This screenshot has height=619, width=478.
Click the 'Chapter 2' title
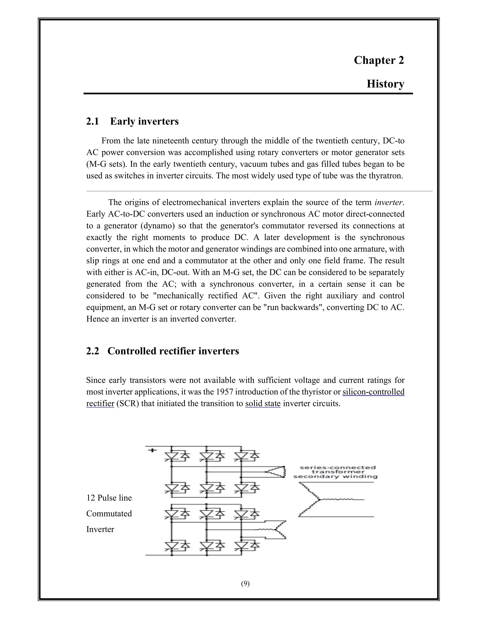coord(379,60)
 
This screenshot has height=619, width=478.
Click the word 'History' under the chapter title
coord(385,84)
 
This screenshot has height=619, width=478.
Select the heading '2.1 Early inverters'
coord(133,121)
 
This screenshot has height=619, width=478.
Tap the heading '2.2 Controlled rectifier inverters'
coord(162,351)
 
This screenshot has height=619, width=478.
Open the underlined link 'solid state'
coord(263,403)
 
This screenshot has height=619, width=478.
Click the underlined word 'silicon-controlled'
coord(373,392)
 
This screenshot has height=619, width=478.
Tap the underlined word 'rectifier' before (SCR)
coord(100,403)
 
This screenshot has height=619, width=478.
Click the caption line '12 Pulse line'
coord(109,498)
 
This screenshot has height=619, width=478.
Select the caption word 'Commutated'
coord(109,514)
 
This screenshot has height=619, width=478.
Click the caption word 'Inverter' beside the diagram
coord(100,529)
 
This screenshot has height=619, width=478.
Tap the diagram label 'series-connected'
coord(337,467)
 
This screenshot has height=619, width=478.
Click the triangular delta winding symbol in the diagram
coord(276,472)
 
